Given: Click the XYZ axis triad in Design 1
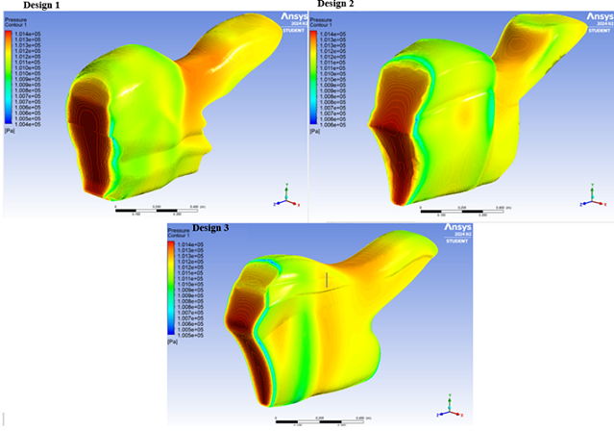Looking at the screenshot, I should click(284, 192).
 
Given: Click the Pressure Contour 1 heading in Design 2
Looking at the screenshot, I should click(322, 20).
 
